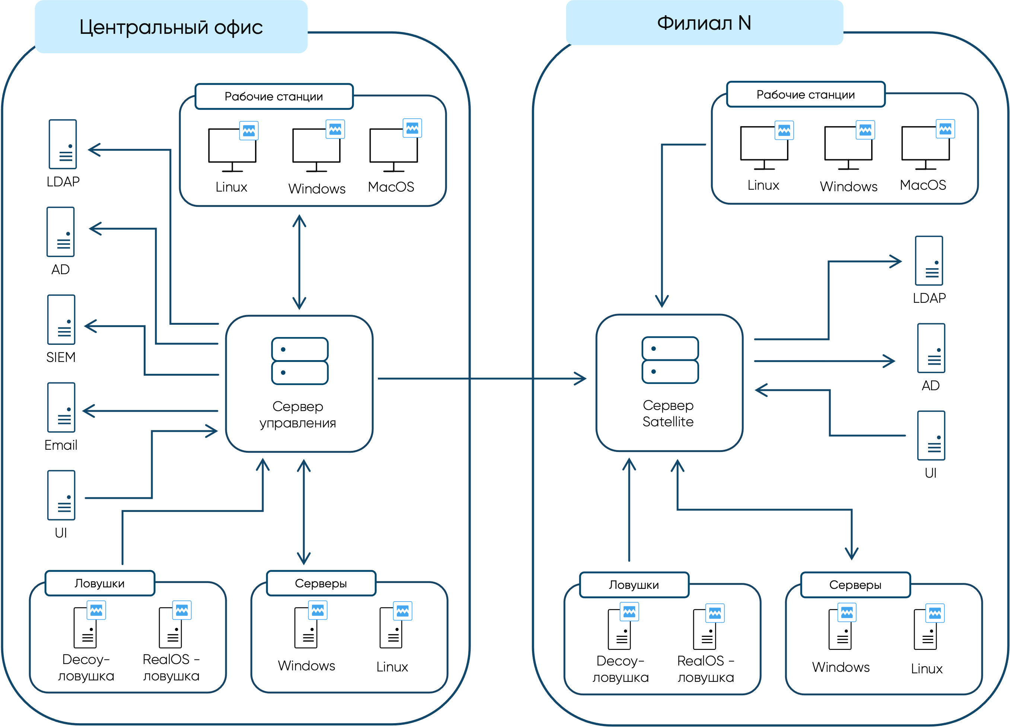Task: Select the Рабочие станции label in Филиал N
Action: (x=805, y=95)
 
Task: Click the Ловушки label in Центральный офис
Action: (x=99, y=583)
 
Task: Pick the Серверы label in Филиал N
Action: (x=855, y=585)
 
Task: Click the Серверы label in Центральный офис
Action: (x=321, y=583)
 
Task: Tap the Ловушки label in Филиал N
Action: (x=634, y=585)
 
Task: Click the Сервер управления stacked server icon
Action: (x=300, y=361)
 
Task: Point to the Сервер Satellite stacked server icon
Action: (x=670, y=360)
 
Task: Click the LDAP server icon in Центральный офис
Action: (x=63, y=144)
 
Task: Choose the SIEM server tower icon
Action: (x=61, y=320)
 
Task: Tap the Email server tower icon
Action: (x=61, y=407)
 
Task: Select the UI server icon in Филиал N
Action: (x=931, y=436)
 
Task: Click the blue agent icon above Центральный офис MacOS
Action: (x=412, y=128)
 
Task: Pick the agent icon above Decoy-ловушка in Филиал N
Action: (x=629, y=612)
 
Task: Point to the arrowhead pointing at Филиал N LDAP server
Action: (x=896, y=262)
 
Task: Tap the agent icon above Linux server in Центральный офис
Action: (x=402, y=611)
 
